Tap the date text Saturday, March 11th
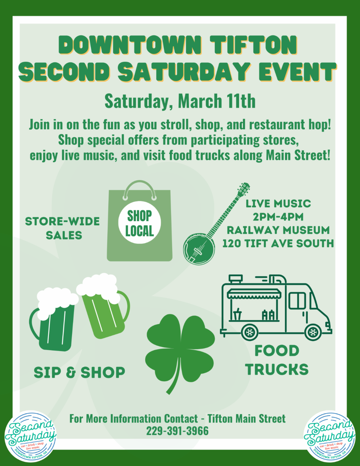[180, 101]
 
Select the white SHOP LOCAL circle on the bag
[139, 222]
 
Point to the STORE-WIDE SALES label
[62, 228]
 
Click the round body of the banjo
[199, 249]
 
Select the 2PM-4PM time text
[278, 217]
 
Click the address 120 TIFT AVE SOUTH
[278, 243]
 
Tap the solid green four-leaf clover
[180, 352]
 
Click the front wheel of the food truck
[313, 332]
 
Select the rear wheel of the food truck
[250, 332]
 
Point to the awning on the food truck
[254, 293]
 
